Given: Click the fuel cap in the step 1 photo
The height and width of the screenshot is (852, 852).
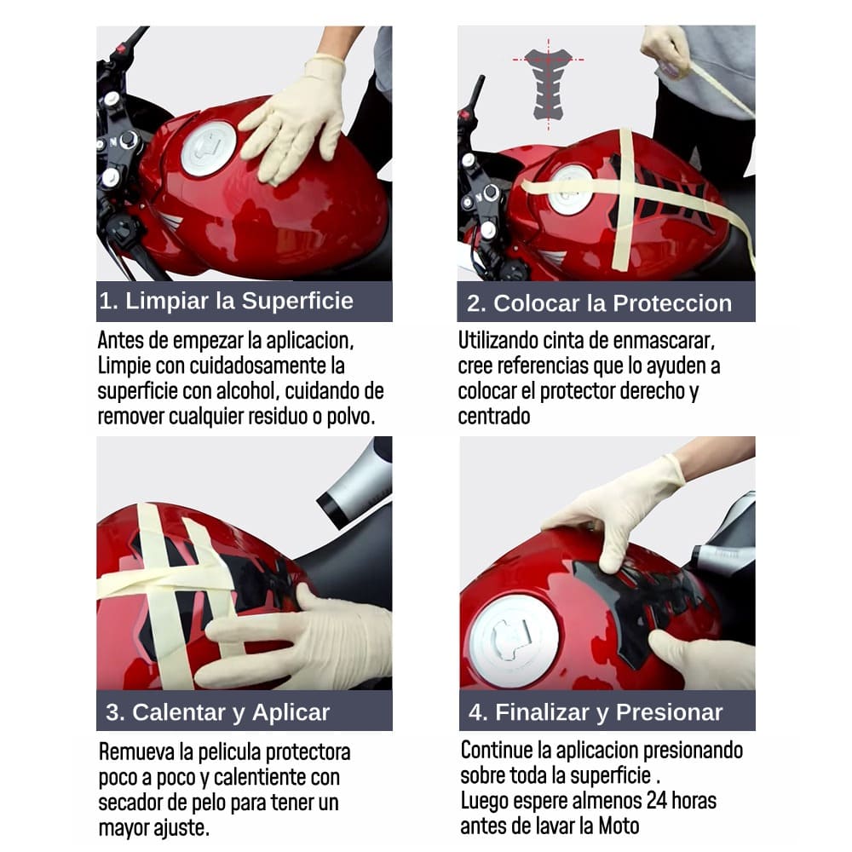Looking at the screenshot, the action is [209, 148].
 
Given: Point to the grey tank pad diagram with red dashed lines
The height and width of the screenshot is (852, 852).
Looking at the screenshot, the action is [548, 84].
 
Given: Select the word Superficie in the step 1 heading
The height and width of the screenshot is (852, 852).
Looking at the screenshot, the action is [297, 301].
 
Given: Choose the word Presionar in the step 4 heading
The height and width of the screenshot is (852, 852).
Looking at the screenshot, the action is [670, 712].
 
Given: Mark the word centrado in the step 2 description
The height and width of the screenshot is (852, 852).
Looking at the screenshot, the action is [494, 417].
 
